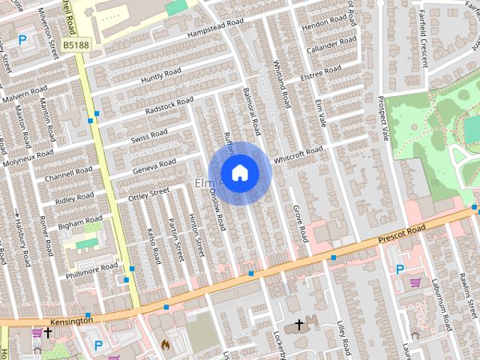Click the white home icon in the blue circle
(239, 172)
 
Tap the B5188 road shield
(76, 46)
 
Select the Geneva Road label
(154, 166)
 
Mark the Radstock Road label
(169, 105)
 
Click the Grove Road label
(300, 223)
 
